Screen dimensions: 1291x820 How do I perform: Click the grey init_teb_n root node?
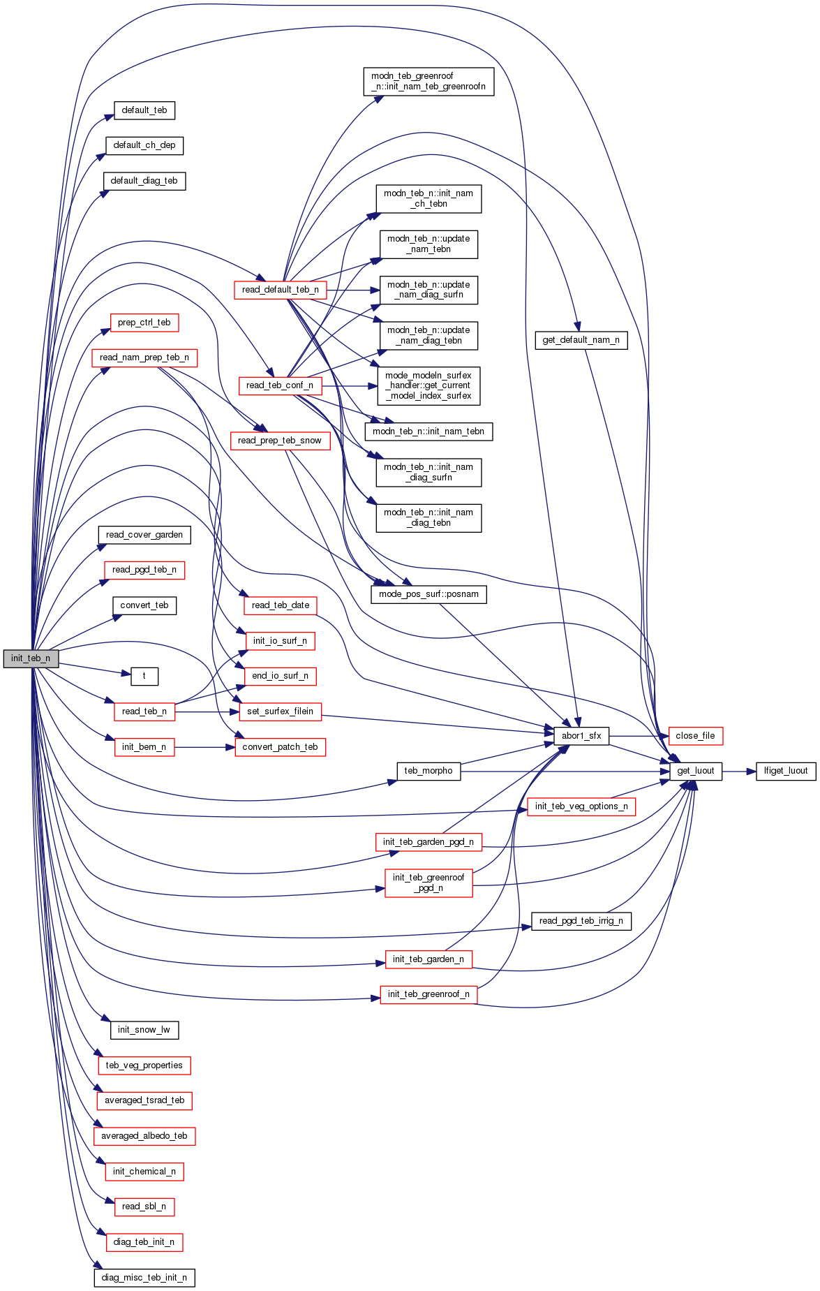coord(31,658)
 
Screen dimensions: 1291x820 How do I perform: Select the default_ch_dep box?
coord(144,145)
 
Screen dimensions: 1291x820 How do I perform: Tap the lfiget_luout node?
coord(786,771)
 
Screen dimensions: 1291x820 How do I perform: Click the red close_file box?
coord(695,736)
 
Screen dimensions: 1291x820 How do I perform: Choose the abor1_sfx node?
coord(581,736)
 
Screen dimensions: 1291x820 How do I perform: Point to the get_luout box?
coord(696,771)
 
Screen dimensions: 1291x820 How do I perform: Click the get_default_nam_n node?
coord(581,340)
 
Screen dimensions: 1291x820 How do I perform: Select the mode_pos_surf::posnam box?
coord(428,594)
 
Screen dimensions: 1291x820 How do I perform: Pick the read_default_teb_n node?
coord(281,290)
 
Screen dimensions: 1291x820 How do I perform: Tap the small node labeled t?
coord(144,676)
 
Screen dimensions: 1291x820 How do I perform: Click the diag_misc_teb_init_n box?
coord(144,1278)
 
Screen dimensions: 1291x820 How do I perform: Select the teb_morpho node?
coord(428,771)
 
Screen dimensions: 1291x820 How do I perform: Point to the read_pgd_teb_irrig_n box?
coord(581,921)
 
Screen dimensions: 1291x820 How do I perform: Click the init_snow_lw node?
coord(144,1030)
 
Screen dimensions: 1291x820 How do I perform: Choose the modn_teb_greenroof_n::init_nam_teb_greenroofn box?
coord(428,82)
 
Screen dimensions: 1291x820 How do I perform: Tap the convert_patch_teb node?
coord(280,747)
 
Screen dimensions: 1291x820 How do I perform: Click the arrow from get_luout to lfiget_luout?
coord(739,771)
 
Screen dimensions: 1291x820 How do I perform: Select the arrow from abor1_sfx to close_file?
coord(639,736)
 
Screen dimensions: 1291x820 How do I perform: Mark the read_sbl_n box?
coord(144,1207)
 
